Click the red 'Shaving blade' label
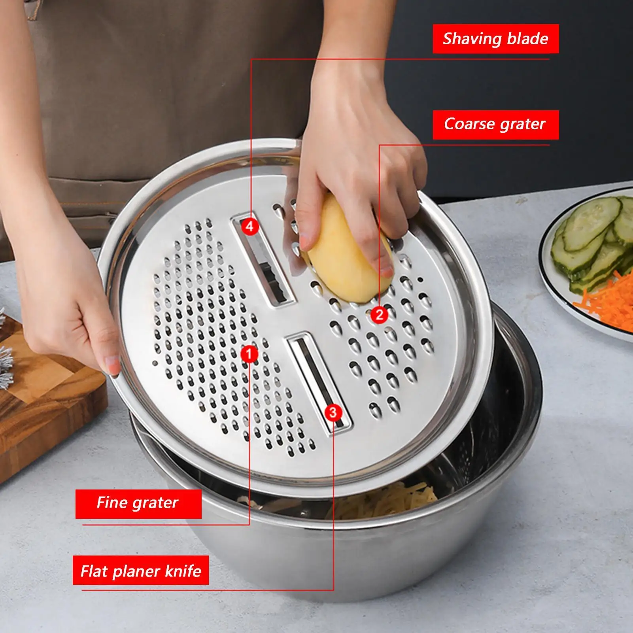tap(495, 39)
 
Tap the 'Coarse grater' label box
tap(495, 125)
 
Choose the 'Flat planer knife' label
tap(140, 571)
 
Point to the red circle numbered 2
tap(379, 315)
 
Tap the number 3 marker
tap(333, 412)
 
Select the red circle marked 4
tap(249, 227)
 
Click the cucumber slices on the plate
tap(589, 237)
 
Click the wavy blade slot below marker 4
tap(273, 273)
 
